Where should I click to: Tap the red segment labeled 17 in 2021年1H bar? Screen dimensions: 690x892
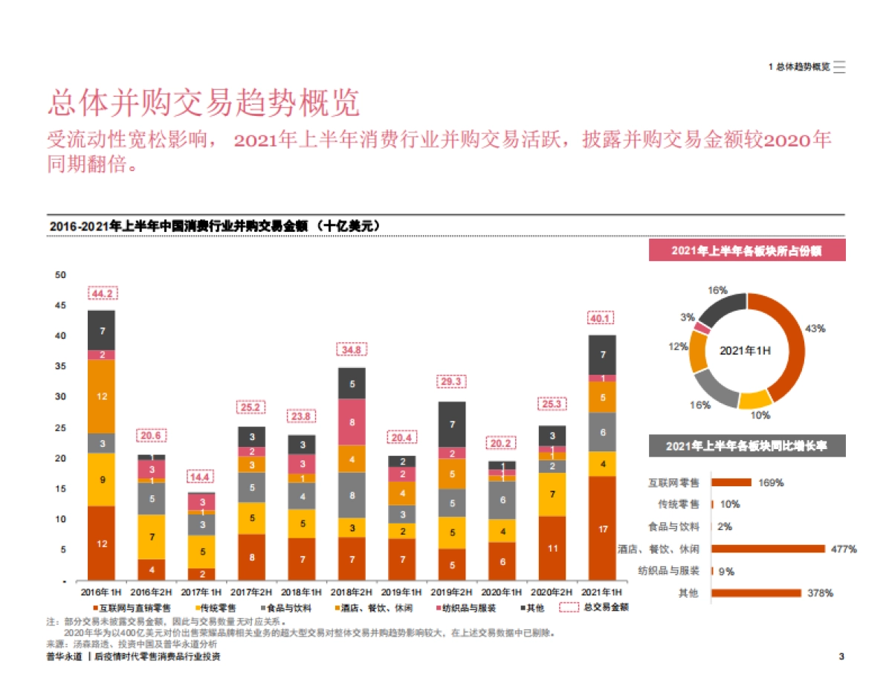click(603, 529)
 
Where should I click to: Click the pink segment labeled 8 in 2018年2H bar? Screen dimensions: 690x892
click(352, 422)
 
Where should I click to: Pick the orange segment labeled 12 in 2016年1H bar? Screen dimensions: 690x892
click(102, 396)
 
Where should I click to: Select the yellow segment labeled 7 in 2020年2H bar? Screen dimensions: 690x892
click(552, 494)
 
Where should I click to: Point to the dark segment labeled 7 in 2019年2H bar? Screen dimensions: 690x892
click(452, 425)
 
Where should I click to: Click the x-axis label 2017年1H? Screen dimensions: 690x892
click(202, 592)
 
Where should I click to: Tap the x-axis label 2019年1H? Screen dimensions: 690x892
click(402, 592)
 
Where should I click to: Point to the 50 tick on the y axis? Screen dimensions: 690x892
click(60, 275)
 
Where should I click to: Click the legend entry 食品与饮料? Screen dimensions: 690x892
click(289, 607)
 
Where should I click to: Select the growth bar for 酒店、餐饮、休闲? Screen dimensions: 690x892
click(768, 549)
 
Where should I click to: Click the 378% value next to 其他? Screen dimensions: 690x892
click(821, 593)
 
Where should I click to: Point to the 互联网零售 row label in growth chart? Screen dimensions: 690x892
click(673, 483)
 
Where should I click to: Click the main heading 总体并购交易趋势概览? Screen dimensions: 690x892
click(204, 103)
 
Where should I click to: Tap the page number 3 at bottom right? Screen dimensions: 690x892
click(841, 657)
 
